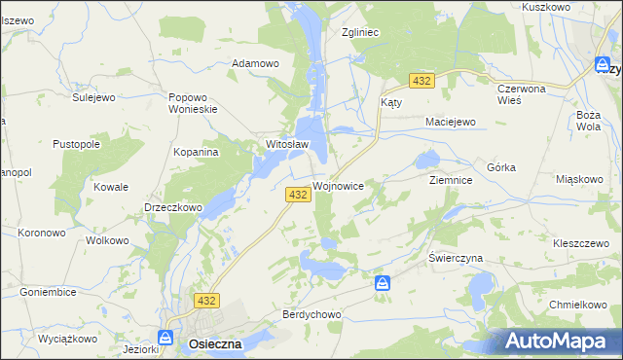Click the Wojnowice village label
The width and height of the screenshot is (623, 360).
(x=339, y=185)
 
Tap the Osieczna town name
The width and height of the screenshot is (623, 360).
(x=209, y=343)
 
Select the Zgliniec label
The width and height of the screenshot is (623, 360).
(x=360, y=31)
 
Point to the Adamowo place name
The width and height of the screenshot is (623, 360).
(x=255, y=63)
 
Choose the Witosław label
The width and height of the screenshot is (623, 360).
(x=287, y=145)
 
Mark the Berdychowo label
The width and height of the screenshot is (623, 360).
(x=311, y=315)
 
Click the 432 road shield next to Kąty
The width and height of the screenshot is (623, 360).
(x=421, y=81)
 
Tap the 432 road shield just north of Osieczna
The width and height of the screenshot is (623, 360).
(x=206, y=301)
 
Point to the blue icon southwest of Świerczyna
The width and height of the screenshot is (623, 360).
(x=384, y=283)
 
